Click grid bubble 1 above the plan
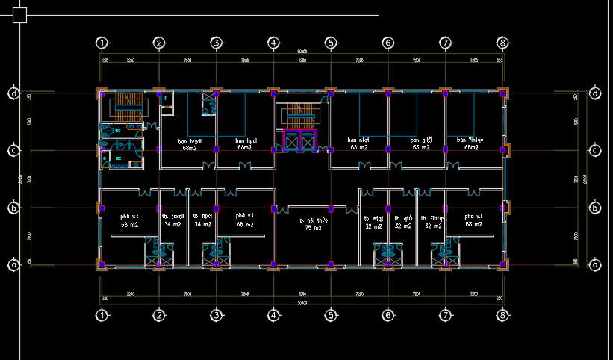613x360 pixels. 102,43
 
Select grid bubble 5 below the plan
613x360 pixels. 331,316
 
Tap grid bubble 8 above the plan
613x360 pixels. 503,43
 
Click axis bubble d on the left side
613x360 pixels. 13,93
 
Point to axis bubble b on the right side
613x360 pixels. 595,208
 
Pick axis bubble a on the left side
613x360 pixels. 13,264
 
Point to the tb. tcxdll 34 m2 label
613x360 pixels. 172,220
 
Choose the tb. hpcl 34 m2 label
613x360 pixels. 202,220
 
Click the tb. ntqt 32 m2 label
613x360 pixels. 373,222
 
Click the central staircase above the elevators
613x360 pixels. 299,116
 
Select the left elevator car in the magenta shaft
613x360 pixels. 290,141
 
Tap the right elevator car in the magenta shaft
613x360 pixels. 308,141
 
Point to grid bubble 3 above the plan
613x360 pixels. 215,43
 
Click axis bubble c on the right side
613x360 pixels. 595,151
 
